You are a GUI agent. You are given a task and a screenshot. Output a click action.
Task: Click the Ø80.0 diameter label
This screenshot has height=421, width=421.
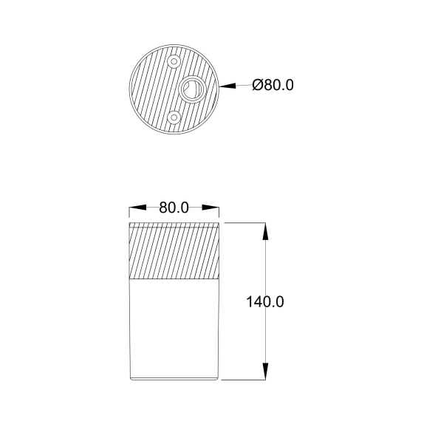coord(273,85)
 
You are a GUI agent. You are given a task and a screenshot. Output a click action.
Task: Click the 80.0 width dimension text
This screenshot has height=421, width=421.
coord(174,208)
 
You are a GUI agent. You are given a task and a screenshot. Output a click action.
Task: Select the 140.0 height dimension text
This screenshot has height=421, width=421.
coord(265,301)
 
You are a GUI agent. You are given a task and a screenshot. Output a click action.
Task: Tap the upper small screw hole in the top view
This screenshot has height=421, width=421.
coord(174,61)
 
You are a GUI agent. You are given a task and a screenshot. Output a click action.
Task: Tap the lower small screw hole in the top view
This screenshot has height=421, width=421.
coord(174,117)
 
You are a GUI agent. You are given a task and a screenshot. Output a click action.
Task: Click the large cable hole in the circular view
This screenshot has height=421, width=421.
coord(191,89)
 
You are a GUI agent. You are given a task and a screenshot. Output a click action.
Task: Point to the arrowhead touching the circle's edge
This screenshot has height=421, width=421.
coord(227,86)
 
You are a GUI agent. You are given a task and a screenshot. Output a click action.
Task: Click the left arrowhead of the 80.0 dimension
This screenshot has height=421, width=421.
coord(137,208)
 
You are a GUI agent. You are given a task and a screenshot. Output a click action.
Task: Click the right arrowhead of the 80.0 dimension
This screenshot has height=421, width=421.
coord(210,208)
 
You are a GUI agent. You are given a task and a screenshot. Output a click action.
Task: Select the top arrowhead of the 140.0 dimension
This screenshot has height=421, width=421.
coord(265,231)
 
